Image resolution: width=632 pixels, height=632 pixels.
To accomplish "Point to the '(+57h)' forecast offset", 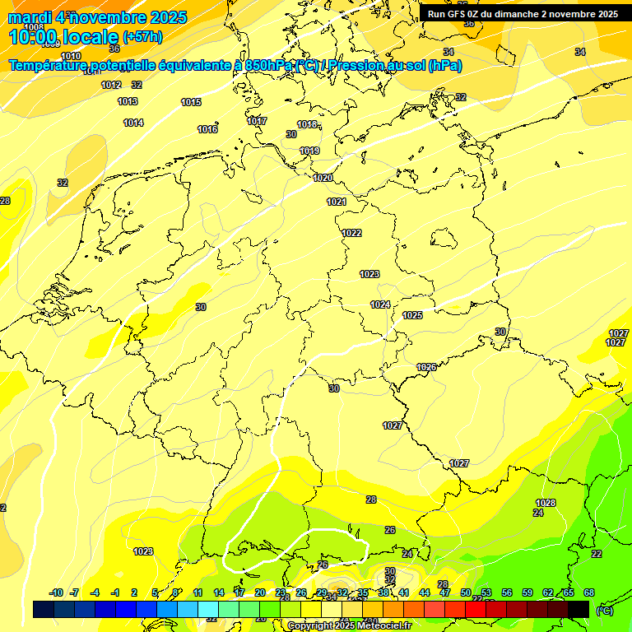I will pos(142,36).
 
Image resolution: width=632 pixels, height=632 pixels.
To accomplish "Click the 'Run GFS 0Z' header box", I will pos(523,13).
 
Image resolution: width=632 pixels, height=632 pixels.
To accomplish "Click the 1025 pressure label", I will pos(412,315).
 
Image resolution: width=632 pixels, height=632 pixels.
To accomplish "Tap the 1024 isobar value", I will pos(379,304).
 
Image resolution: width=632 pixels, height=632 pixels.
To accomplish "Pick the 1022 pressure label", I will pos(351,233).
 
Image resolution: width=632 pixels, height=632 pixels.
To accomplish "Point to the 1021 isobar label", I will pos(337,202).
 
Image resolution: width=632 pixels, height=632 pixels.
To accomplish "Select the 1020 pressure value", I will pos(323,178).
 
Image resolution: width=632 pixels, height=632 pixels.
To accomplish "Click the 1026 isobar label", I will pos(426,367).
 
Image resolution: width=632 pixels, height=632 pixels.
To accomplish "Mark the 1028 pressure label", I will pos(546,503).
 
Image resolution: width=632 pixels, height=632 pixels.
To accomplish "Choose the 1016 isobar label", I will pos(207,129).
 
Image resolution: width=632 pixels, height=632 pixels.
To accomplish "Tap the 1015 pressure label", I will pos(191,102).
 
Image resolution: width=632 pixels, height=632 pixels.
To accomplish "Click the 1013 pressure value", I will pos(128,101).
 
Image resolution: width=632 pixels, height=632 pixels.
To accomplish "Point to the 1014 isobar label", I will pos(133,123).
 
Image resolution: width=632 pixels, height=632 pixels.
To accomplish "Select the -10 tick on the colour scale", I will pos(56,592).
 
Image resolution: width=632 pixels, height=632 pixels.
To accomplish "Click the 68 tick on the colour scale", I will pos(589,592).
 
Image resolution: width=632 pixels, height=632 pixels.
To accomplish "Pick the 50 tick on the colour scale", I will pos(466,592).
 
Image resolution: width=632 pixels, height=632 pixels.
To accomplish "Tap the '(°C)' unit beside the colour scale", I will pos(604,611).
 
